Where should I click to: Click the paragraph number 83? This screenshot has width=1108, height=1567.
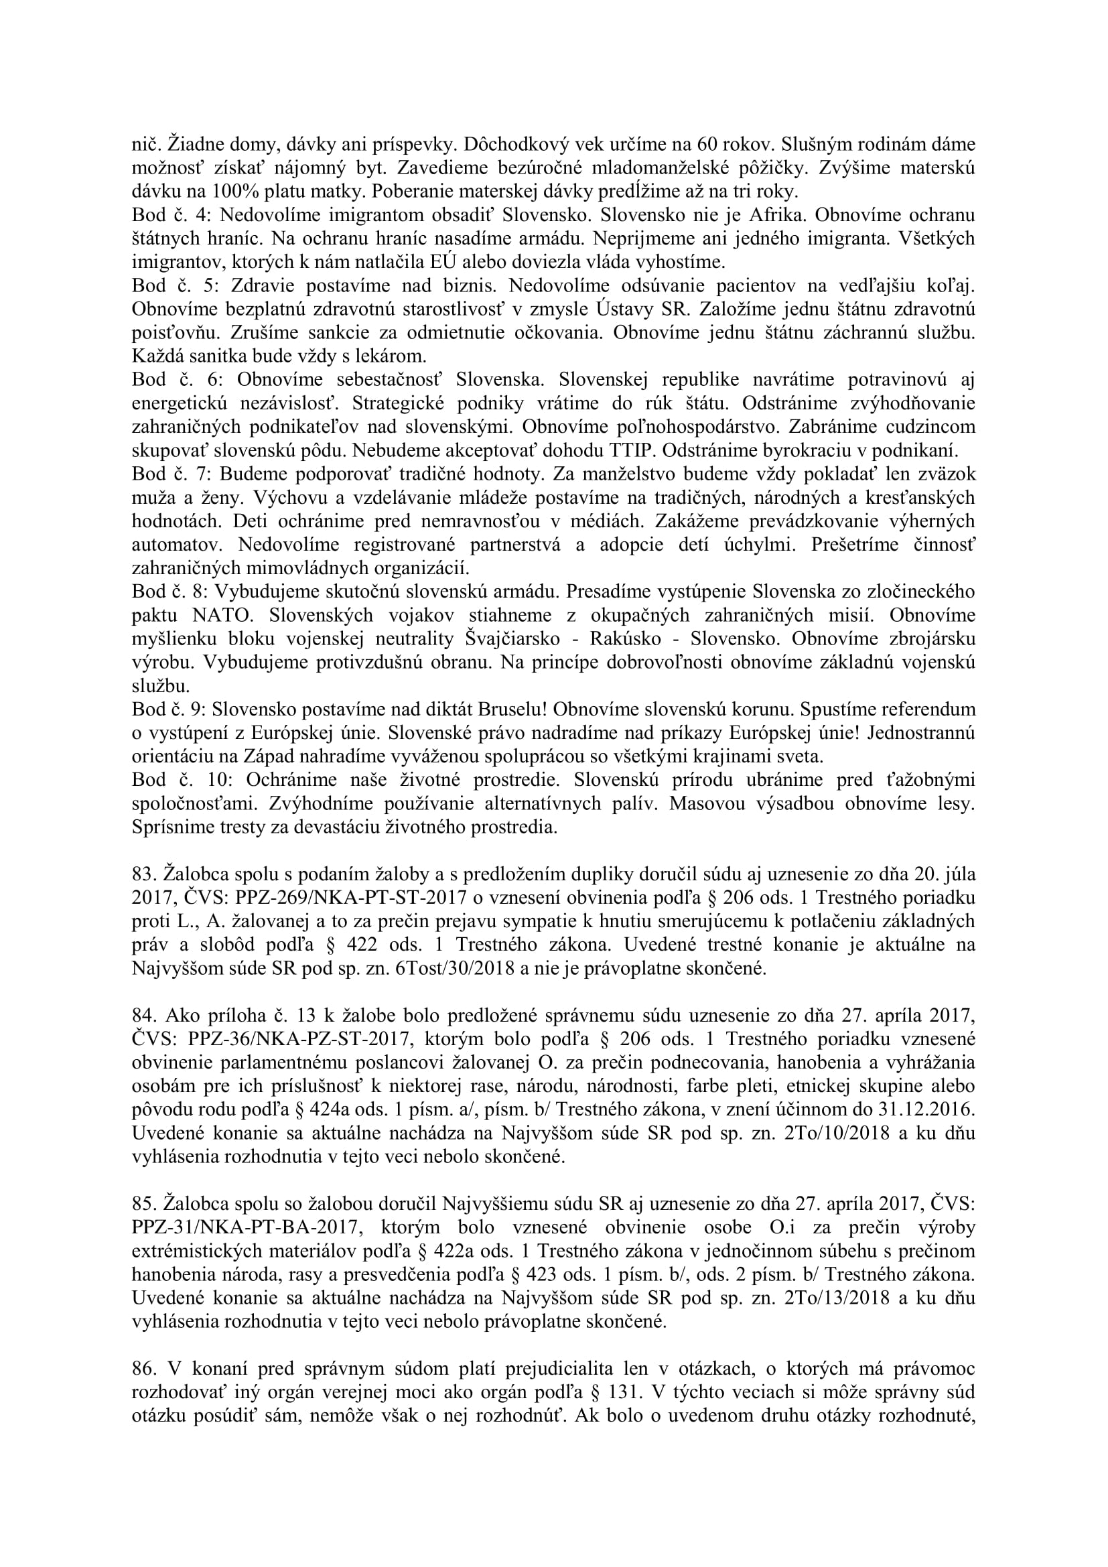pyautogui.click(x=142, y=874)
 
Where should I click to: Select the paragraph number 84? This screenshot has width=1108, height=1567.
pyautogui.click(x=142, y=1016)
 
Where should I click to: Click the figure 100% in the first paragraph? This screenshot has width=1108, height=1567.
pyautogui.click(x=232, y=191)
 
